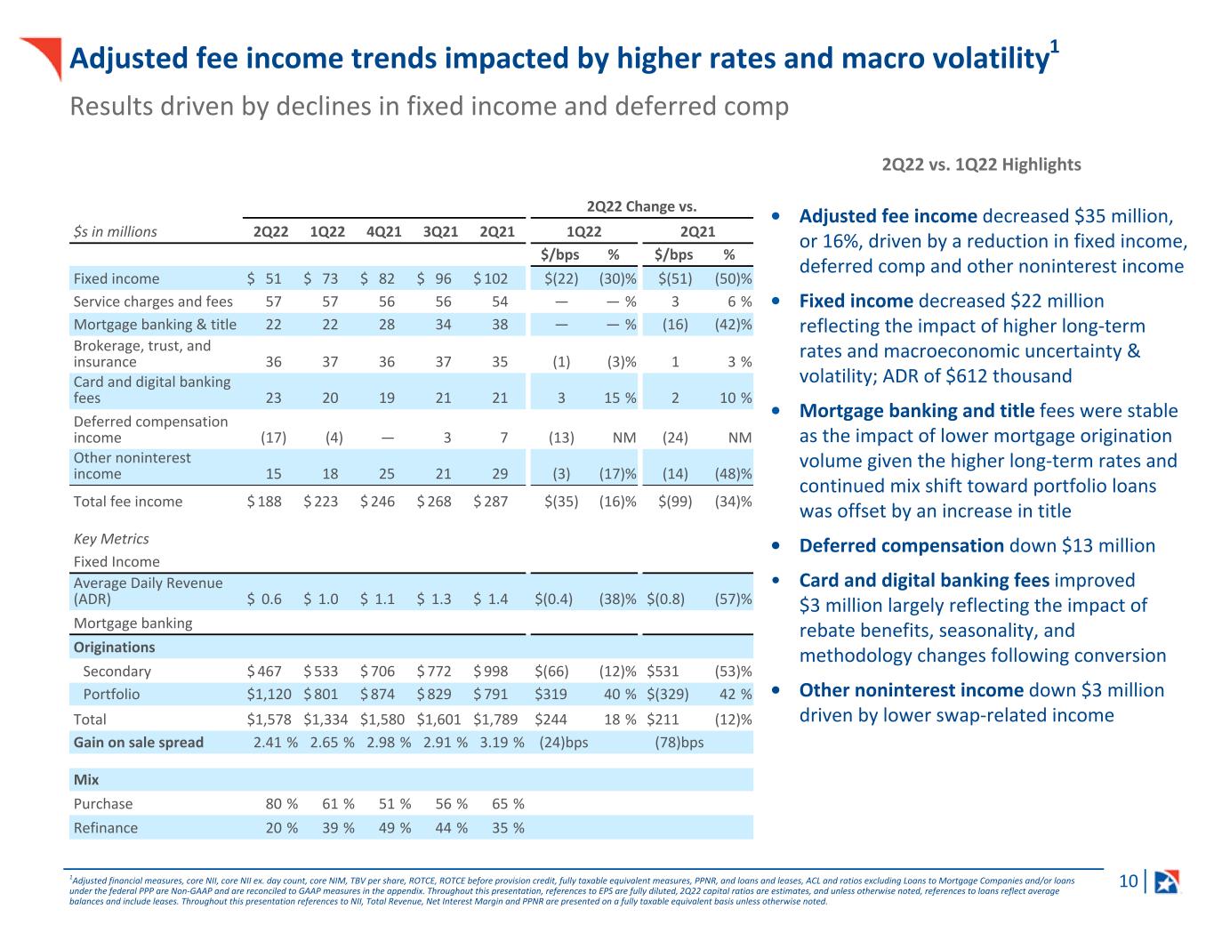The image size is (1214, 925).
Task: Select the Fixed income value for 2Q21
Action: click(491, 278)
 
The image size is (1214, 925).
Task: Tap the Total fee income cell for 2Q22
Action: click(264, 502)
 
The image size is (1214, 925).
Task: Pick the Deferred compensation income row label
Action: click(151, 429)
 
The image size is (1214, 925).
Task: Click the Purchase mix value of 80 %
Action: click(282, 804)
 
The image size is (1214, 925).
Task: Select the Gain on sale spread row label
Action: click(139, 743)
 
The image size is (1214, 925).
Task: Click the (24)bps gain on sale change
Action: click(564, 743)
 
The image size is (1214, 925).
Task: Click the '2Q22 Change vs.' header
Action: click(641, 206)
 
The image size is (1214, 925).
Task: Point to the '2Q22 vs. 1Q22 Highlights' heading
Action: click(981, 165)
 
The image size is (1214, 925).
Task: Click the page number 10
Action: click(1128, 881)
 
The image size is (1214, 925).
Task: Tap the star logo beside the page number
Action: click(1166, 881)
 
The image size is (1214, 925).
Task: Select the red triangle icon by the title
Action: click(42, 55)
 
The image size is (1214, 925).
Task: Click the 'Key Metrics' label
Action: click(111, 539)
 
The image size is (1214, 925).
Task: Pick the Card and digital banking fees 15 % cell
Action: click(620, 398)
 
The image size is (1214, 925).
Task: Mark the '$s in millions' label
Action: click(115, 231)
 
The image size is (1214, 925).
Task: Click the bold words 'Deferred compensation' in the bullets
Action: click(901, 546)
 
